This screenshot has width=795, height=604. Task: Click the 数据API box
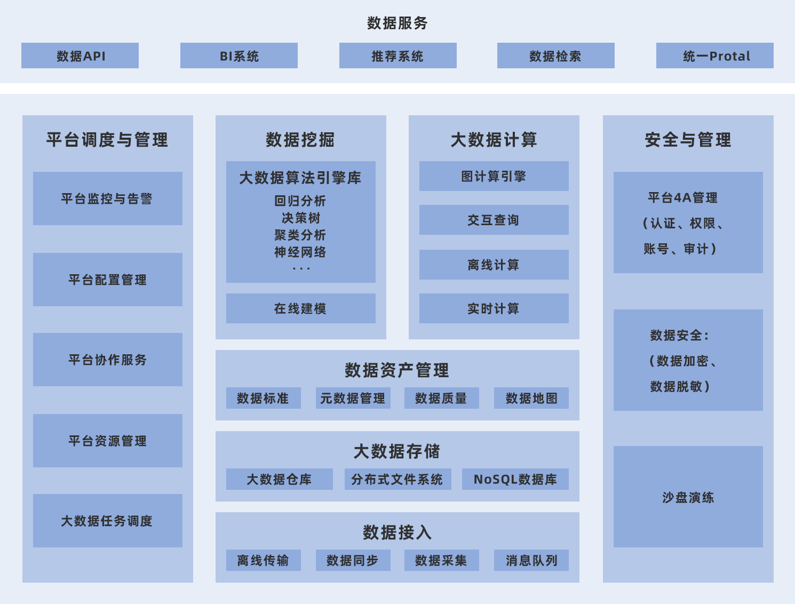pyautogui.click(x=80, y=55)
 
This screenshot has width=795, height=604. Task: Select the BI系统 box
pyautogui.click(x=239, y=55)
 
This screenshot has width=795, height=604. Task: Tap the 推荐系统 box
pyautogui.click(x=397, y=55)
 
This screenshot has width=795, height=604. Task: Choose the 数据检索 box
pyautogui.click(x=555, y=55)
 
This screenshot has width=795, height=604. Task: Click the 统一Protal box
pyautogui.click(x=714, y=55)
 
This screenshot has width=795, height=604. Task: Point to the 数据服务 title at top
pyautogui.click(x=397, y=23)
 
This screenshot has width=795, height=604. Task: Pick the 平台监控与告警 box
pyautogui.click(x=107, y=198)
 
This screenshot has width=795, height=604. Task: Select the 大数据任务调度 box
pyautogui.click(x=107, y=521)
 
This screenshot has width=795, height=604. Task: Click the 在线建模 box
pyautogui.click(x=300, y=308)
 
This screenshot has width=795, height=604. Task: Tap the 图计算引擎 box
pyautogui.click(x=494, y=176)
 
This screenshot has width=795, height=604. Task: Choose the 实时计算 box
pyautogui.click(x=494, y=308)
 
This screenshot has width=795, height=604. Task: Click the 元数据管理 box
pyautogui.click(x=353, y=398)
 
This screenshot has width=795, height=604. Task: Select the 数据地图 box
pyautogui.click(x=531, y=398)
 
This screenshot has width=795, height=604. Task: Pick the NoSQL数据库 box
pyautogui.click(x=515, y=479)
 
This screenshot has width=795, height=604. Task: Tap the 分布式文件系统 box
pyautogui.click(x=397, y=479)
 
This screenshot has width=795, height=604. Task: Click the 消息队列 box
pyautogui.click(x=531, y=560)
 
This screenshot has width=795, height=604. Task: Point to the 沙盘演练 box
pyautogui.click(x=688, y=497)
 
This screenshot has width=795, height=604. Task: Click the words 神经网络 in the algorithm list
pyautogui.click(x=300, y=252)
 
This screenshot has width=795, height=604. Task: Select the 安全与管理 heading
pyautogui.click(x=688, y=140)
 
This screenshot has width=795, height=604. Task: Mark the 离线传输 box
pyautogui.click(x=263, y=560)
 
